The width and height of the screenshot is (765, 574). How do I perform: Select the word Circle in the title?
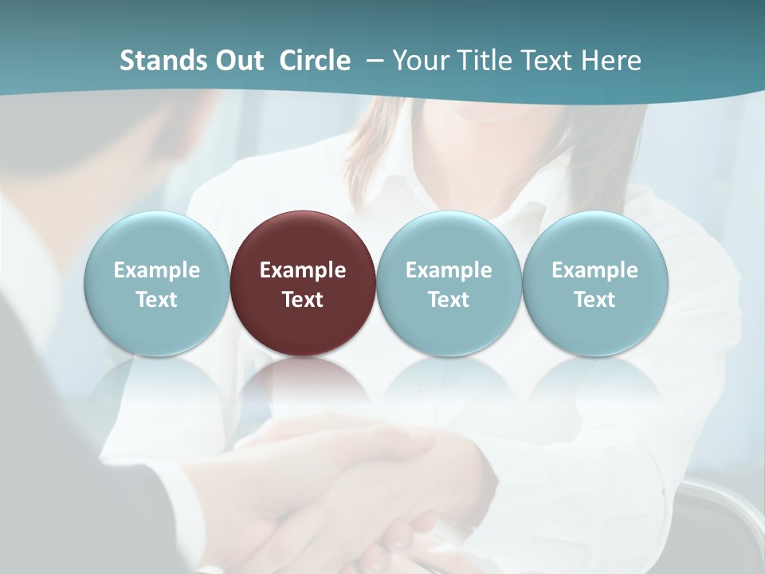coord(315,61)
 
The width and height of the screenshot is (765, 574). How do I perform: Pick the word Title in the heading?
coord(484,61)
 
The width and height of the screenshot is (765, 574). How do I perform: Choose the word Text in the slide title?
coord(548,61)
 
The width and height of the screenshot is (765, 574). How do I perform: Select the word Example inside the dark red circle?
coord(303,270)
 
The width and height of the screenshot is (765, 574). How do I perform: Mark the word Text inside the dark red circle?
coord(303,300)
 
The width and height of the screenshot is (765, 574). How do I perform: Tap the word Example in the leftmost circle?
coord(156,270)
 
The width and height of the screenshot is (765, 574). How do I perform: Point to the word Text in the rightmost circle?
coord(594,300)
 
